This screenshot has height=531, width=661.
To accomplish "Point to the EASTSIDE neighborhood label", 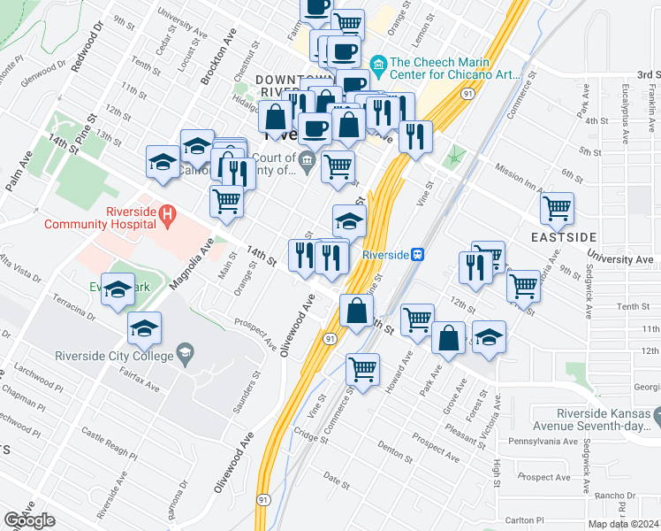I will (x=564, y=237).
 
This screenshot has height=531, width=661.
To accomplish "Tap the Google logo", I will (x=29, y=520).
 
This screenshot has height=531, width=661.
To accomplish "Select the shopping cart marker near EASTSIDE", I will (x=557, y=210).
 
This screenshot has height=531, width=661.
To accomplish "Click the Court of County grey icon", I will (x=307, y=159).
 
